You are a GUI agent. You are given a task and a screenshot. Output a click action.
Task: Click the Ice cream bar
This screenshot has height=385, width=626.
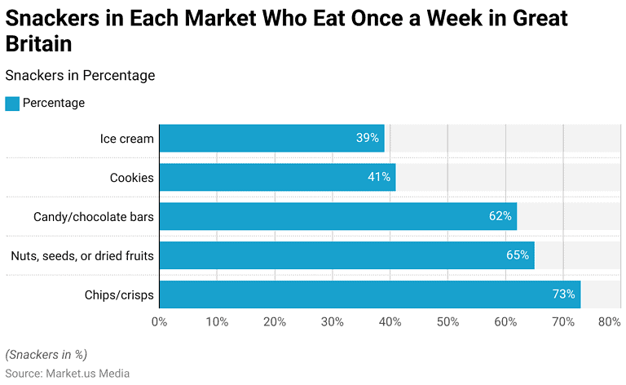click(x=271, y=139)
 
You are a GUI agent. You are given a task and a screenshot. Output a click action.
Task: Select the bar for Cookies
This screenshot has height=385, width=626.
click(x=277, y=177)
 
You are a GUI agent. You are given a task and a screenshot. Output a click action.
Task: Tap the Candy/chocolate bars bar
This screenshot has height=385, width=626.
click(x=337, y=216)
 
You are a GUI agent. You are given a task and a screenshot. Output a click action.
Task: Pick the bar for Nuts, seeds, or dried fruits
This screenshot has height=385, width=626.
click(x=346, y=255)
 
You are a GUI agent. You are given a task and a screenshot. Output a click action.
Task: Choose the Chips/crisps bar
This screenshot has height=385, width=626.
click(x=369, y=294)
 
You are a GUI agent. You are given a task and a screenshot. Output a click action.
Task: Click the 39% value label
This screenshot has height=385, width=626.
click(x=368, y=139)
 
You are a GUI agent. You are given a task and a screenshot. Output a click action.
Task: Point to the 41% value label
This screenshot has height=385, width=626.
click(x=379, y=177)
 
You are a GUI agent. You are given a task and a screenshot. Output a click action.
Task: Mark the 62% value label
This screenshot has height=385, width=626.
click(x=500, y=216)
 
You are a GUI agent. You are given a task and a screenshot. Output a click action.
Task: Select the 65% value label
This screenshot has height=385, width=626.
click(x=518, y=255)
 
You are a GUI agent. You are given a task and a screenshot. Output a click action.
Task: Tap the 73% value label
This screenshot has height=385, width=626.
click(x=563, y=294)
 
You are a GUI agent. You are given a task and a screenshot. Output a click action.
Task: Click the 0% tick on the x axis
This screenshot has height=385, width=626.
click(x=160, y=321)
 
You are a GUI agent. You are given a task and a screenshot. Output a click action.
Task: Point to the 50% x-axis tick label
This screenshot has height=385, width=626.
click(x=447, y=321)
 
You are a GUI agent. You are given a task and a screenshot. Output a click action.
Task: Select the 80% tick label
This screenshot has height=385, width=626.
click(x=609, y=321)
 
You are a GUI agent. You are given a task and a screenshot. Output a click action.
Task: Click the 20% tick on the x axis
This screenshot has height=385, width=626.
click(x=275, y=321)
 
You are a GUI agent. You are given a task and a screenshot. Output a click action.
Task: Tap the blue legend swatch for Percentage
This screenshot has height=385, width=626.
click(x=12, y=104)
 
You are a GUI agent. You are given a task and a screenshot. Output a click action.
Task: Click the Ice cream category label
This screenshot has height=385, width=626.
click(x=126, y=139)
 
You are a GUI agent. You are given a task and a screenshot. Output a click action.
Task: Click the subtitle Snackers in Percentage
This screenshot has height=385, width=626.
click(x=80, y=76)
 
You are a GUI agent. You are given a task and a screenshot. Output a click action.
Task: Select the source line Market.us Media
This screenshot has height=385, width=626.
click(x=68, y=374)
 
